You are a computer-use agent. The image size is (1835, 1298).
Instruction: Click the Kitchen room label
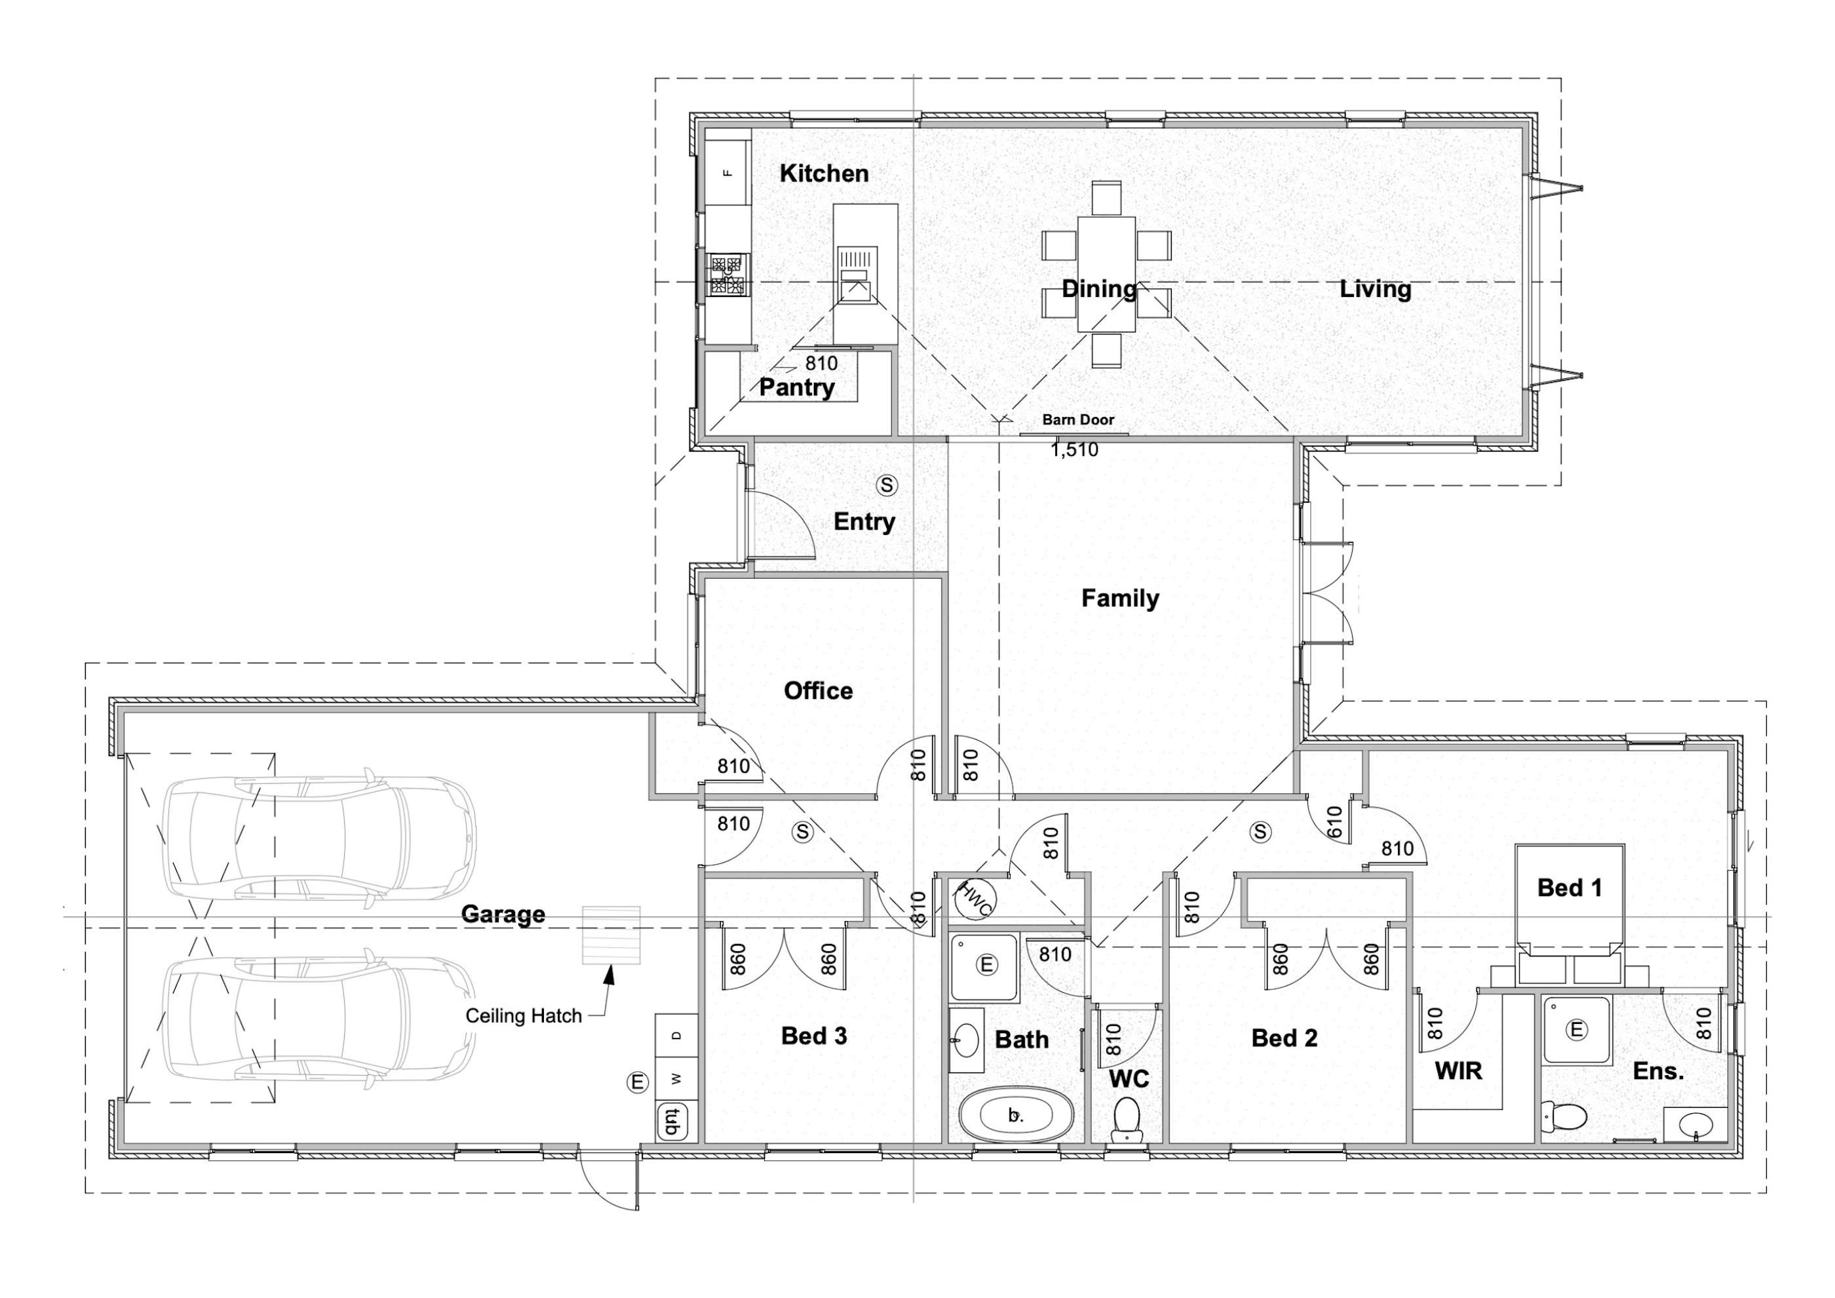coord(823,174)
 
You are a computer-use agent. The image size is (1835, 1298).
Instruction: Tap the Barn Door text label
coord(1077,420)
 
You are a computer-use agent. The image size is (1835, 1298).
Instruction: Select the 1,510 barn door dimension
coord(1074,450)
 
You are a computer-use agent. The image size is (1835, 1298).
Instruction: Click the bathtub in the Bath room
coord(1014,1115)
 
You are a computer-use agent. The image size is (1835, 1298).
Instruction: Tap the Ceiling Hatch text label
coord(524,1017)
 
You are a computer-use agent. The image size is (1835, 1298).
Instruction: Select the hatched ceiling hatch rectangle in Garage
coord(611,935)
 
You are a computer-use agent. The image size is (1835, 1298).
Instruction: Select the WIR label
coord(1459,1071)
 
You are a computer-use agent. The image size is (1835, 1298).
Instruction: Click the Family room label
coord(1120,598)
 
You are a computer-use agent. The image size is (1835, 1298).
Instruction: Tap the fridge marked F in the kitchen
coord(727,172)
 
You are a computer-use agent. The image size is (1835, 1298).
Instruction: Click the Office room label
coord(818,690)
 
